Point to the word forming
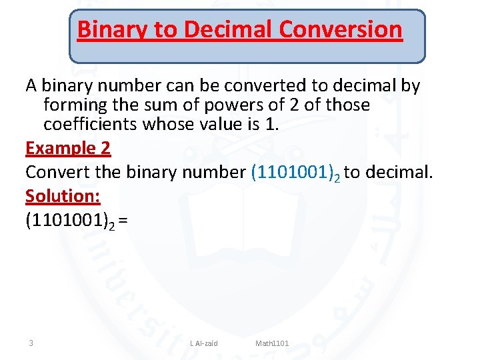[x=73, y=106]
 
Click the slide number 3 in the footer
[x=31, y=343]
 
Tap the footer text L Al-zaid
[x=203, y=343]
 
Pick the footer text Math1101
[x=272, y=343]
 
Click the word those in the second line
[x=347, y=105]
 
